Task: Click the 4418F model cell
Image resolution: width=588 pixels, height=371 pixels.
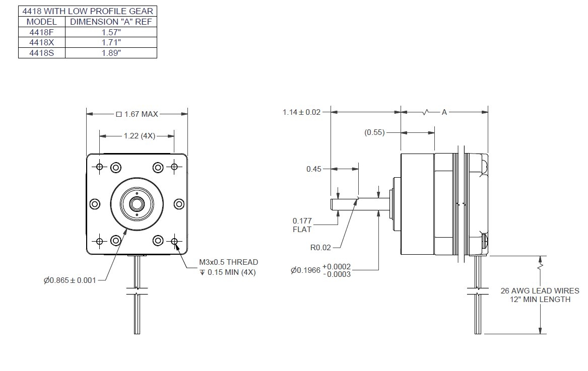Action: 42,32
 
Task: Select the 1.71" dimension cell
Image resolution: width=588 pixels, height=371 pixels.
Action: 111,42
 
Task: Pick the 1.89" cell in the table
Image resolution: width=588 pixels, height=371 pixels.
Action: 111,53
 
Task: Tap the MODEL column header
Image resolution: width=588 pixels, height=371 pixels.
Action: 42,22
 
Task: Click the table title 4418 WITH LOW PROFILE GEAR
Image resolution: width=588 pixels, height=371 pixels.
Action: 88,11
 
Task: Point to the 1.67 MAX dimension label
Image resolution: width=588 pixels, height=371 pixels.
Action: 137,114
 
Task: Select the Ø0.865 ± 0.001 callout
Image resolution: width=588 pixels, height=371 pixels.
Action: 70,280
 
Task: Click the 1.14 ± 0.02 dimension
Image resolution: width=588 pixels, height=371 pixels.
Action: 301,112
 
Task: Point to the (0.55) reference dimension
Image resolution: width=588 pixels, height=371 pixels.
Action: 374,132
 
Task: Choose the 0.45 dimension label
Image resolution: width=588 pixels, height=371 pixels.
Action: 313,169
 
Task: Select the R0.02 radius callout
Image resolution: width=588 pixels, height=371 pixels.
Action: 321,248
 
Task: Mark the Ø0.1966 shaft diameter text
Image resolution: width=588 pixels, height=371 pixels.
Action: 320,270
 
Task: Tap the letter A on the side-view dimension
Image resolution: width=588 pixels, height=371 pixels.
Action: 444,112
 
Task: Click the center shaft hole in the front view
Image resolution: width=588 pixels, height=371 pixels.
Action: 137,204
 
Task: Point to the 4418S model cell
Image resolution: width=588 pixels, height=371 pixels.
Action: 42,53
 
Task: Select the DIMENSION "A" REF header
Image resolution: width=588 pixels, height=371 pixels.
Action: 111,22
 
